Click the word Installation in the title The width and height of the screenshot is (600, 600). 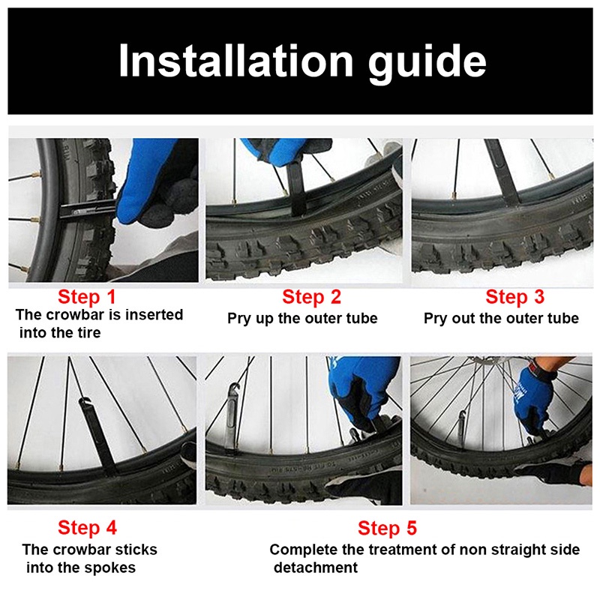(235, 61)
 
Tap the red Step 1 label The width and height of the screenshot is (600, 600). (87, 297)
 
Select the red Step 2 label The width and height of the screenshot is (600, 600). (311, 297)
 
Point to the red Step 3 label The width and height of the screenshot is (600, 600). (515, 297)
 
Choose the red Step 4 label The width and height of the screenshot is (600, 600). (87, 528)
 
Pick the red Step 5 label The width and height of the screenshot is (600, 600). (387, 528)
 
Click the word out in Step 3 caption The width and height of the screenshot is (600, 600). (464, 318)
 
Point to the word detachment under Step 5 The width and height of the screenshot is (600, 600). (316, 568)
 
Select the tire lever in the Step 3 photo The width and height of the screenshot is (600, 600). (503, 172)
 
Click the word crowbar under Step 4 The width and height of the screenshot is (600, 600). (80, 550)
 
